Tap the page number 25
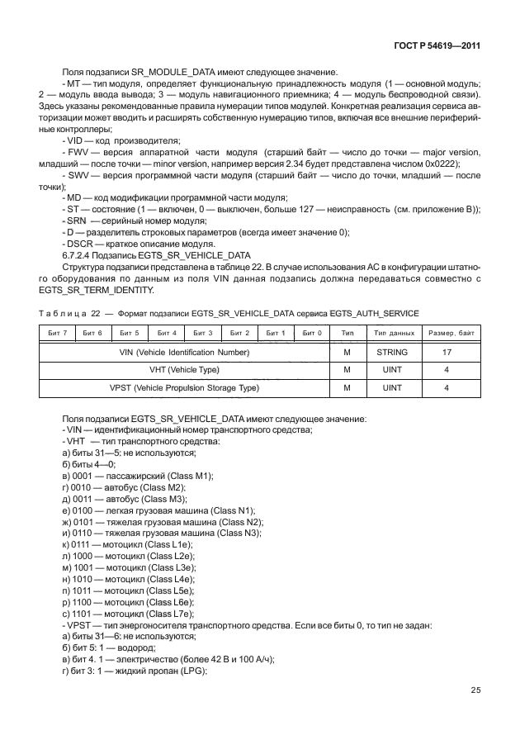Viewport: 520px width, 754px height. tap(475, 690)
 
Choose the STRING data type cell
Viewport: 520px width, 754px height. tap(393, 353)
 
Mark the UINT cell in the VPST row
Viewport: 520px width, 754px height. tap(393, 386)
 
